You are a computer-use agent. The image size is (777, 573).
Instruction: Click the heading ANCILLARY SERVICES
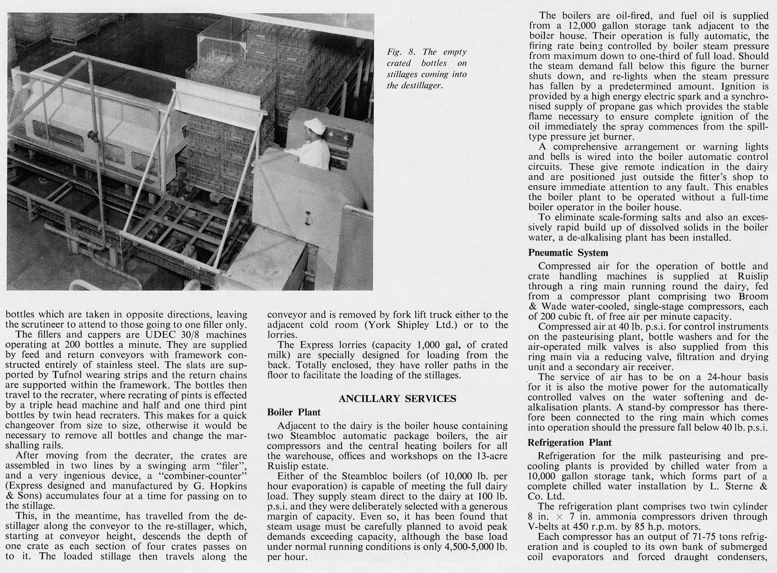pos(397,399)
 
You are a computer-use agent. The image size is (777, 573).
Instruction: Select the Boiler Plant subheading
pos(293,412)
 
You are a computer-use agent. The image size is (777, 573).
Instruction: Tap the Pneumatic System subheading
pos(568,253)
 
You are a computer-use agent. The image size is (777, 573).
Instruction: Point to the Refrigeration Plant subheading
pos(569,442)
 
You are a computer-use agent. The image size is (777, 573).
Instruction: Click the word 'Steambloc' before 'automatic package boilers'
pos(311,436)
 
